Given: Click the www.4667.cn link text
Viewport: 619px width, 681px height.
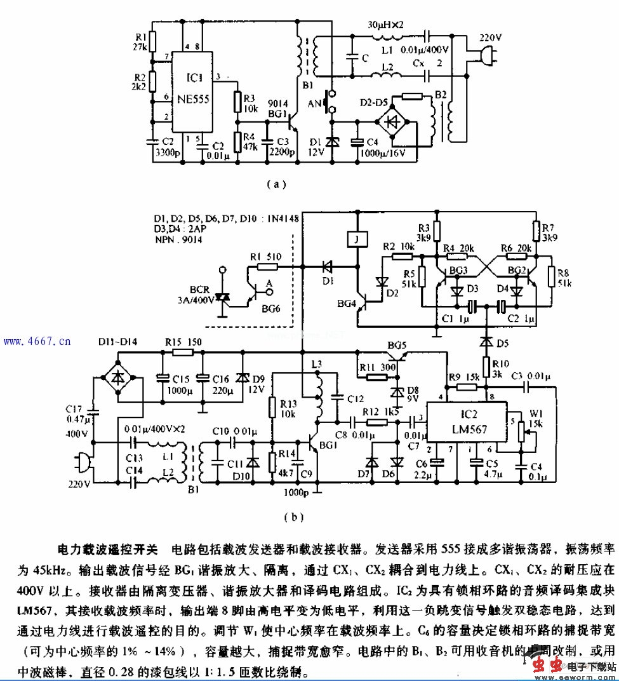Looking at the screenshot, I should (37, 342).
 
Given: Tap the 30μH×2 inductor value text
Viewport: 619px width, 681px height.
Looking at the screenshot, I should (387, 24).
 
